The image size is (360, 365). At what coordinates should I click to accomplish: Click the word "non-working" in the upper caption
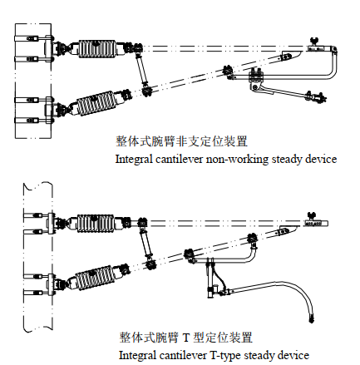point(237,160)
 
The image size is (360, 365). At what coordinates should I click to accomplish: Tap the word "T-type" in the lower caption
point(224,355)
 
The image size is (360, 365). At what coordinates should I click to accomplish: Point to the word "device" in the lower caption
point(293,355)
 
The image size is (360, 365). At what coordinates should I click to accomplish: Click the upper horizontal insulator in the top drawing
point(97,49)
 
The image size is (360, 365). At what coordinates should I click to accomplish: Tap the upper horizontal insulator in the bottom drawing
point(96,223)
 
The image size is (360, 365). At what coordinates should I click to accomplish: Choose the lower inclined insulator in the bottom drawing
point(94,277)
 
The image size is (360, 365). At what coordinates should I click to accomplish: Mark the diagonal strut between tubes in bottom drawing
point(146,243)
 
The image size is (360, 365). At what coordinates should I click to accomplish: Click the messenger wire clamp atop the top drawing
point(314,41)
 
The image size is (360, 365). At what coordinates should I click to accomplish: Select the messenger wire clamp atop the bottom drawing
point(312,215)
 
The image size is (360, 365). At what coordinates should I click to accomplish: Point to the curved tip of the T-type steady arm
point(312,318)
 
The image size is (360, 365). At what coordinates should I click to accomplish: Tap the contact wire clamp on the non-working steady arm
point(316,96)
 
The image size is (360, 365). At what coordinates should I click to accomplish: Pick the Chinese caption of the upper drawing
point(181,141)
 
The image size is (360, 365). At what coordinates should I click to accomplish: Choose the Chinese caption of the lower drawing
point(186,338)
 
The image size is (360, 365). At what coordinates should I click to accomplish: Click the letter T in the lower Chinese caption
point(186,338)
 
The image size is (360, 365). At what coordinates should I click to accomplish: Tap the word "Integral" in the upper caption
point(134,160)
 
